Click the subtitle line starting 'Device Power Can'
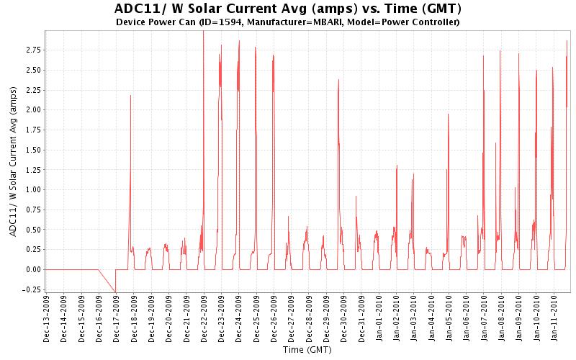pos(287,22)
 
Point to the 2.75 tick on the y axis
pos(32,50)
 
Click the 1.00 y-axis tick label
pos(32,189)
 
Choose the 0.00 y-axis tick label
pos(32,269)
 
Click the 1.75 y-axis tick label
pos(32,130)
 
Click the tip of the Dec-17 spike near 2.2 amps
pos(130,95)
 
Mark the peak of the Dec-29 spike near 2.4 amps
pos(338,79)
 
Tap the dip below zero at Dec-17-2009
pos(115,292)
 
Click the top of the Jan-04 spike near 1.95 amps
pos(448,114)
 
